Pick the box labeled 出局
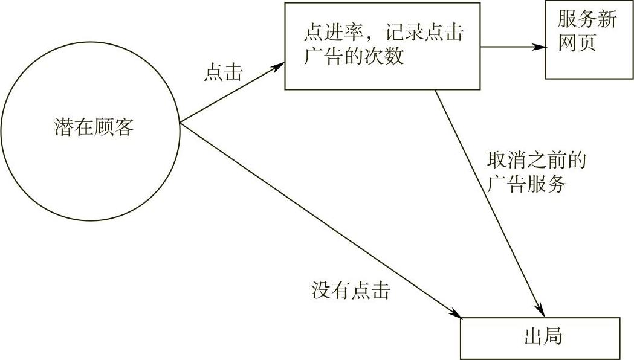[540, 338]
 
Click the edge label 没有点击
[351, 292]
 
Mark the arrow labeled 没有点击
[320, 220]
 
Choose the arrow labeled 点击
[233, 94]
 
